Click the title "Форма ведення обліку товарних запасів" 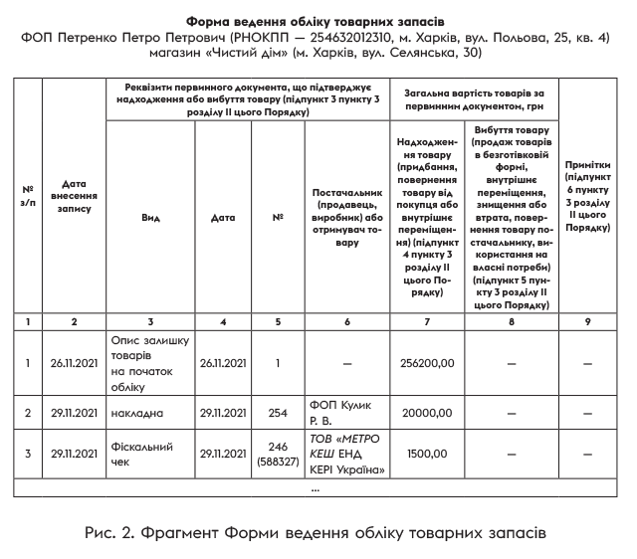click(318, 21)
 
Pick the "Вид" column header click(150, 217)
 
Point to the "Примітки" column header click(587, 197)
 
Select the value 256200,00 click(425, 364)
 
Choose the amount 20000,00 click(425, 413)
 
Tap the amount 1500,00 click(425, 455)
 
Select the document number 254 click(279, 413)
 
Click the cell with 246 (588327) click(279, 455)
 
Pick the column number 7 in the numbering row click(426, 321)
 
